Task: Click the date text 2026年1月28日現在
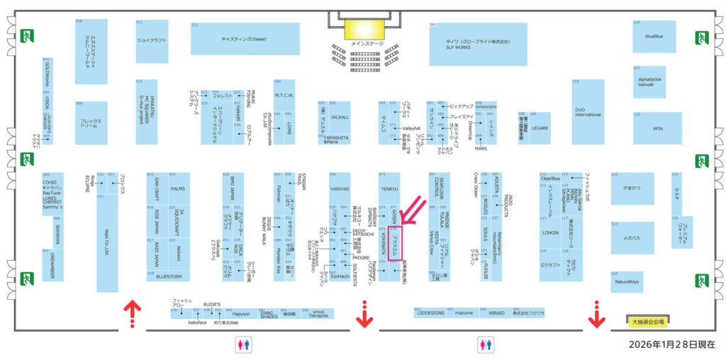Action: click(x=673, y=344)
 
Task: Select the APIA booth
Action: click(x=657, y=128)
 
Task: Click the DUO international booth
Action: click(x=588, y=112)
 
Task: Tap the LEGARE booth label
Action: click(x=540, y=128)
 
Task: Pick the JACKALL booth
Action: click(x=340, y=116)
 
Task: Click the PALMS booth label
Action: click(x=178, y=189)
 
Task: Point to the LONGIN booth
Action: click(x=550, y=232)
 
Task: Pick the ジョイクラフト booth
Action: click(x=151, y=40)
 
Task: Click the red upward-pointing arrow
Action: click(x=130, y=308)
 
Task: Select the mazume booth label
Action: click(x=464, y=313)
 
